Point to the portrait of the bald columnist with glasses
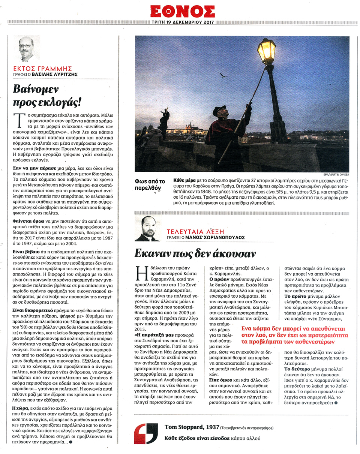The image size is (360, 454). coord(27,49)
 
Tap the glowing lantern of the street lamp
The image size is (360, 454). coord(266,50)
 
